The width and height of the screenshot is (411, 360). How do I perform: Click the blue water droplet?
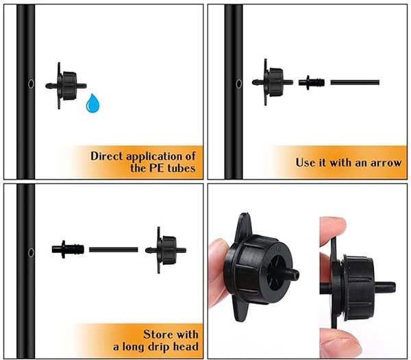(x=92, y=104)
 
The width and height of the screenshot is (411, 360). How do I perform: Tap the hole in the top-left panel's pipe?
(x=31, y=84)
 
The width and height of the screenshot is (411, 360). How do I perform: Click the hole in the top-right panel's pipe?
(x=239, y=84)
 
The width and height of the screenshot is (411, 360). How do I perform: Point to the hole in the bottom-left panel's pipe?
(x=31, y=252)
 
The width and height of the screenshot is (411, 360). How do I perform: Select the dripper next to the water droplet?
(x=66, y=86)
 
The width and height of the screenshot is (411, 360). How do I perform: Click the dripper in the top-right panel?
(x=273, y=82)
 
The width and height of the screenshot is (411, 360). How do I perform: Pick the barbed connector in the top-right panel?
(x=312, y=83)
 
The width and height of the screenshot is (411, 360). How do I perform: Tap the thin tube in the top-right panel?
(x=355, y=82)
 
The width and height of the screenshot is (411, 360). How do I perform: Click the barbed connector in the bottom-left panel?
(x=68, y=249)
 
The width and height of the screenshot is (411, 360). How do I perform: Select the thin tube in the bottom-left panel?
(x=114, y=250)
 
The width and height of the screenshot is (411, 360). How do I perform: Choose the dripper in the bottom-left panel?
(x=166, y=250)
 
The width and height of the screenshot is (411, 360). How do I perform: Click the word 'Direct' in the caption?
(x=107, y=156)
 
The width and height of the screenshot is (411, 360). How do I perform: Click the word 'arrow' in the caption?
(x=386, y=163)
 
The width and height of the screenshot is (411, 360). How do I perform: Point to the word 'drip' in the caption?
(x=159, y=347)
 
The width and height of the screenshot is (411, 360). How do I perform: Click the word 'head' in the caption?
(x=186, y=346)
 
